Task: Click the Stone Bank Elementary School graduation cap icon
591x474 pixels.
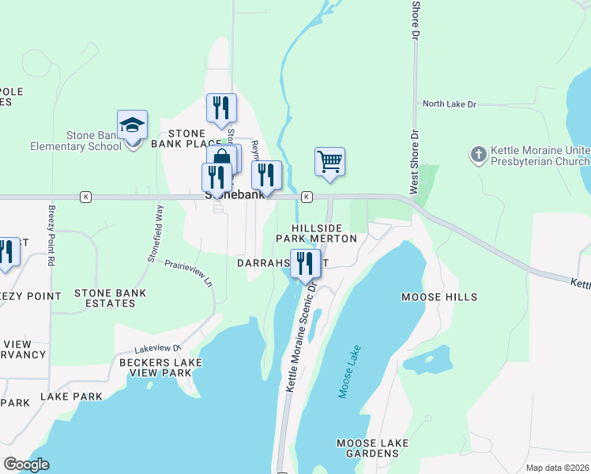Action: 133,126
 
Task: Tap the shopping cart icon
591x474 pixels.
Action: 329,161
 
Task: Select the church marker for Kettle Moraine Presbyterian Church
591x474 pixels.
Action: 478,155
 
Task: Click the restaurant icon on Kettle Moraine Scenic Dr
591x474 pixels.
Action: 305,263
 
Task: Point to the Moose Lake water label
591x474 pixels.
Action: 348,371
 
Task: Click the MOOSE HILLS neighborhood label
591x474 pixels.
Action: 439,297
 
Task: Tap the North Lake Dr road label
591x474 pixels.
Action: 450,103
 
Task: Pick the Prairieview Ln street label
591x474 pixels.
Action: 189,272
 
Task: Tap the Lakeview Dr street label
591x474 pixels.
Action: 158,347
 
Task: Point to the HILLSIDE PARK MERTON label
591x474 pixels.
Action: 316,232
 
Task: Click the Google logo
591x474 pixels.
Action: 27,465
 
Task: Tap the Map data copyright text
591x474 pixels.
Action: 557,468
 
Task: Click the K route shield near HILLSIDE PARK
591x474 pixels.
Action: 307,197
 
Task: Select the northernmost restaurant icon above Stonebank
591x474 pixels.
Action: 221,107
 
